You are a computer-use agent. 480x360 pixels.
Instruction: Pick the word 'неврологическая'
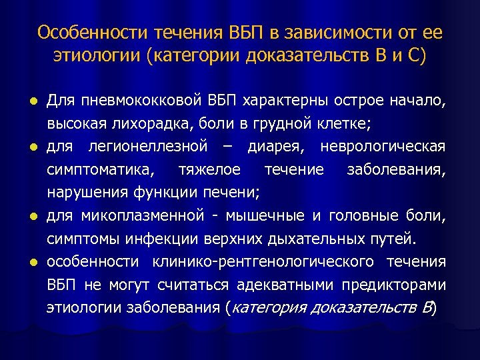(x=392, y=146)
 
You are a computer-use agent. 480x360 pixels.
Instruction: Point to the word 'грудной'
(x=307, y=123)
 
